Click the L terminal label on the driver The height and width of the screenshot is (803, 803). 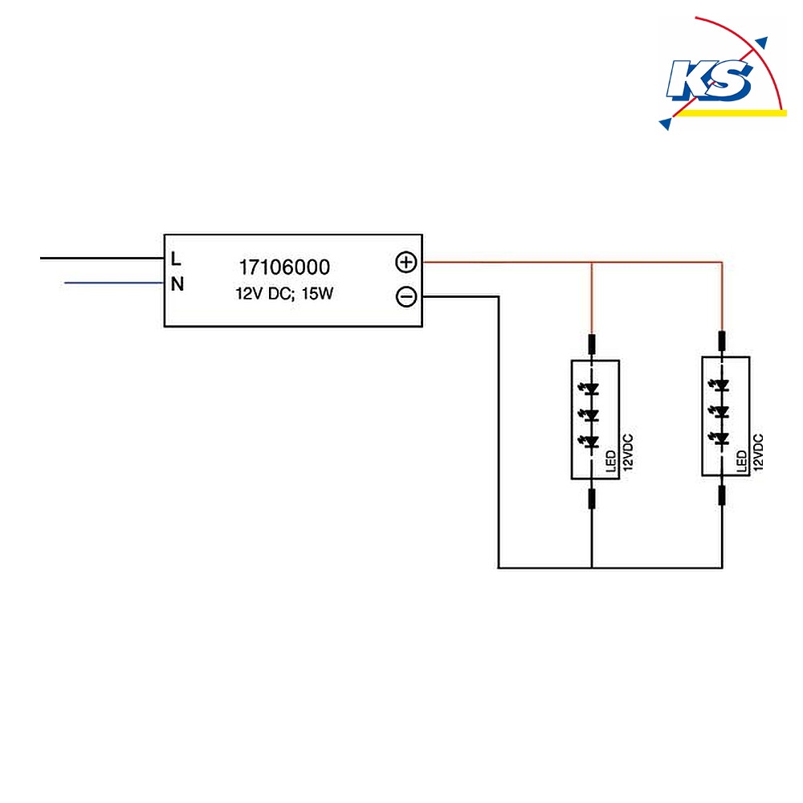(176, 259)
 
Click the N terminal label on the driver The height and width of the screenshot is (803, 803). (177, 284)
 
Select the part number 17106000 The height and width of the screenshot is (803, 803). (285, 267)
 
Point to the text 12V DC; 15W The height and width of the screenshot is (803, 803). (284, 294)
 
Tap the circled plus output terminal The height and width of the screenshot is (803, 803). (406, 263)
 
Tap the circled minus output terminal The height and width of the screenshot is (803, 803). (406, 297)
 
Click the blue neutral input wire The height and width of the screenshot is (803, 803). (114, 283)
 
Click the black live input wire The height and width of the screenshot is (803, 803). (102, 259)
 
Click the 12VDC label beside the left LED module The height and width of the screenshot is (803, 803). (629, 453)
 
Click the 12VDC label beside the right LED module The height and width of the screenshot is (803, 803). (759, 453)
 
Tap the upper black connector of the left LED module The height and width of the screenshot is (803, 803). (592, 344)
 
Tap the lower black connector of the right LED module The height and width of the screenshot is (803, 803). (722, 495)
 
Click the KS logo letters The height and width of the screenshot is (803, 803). (710, 79)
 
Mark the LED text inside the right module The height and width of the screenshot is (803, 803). (741, 461)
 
